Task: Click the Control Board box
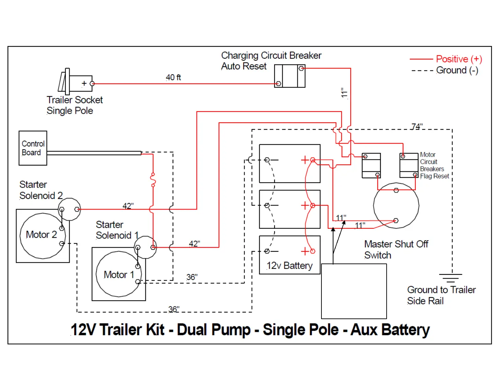[x=33, y=148]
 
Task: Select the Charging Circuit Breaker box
[x=290, y=76]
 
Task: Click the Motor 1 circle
[x=118, y=274]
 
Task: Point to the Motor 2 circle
[x=42, y=236]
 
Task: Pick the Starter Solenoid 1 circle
[x=145, y=247]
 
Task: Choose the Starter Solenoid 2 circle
[x=69, y=209]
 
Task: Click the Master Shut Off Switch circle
[x=396, y=205]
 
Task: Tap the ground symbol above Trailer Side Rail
[x=450, y=278]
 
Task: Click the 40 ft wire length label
[x=173, y=78]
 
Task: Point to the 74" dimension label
[x=417, y=127]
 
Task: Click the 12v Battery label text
[x=290, y=266]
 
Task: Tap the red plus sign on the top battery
[x=304, y=160]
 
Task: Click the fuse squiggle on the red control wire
[x=153, y=180]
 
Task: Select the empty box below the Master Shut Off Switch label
[x=354, y=291]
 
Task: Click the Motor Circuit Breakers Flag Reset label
[x=434, y=165]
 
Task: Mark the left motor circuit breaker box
[x=371, y=166]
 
